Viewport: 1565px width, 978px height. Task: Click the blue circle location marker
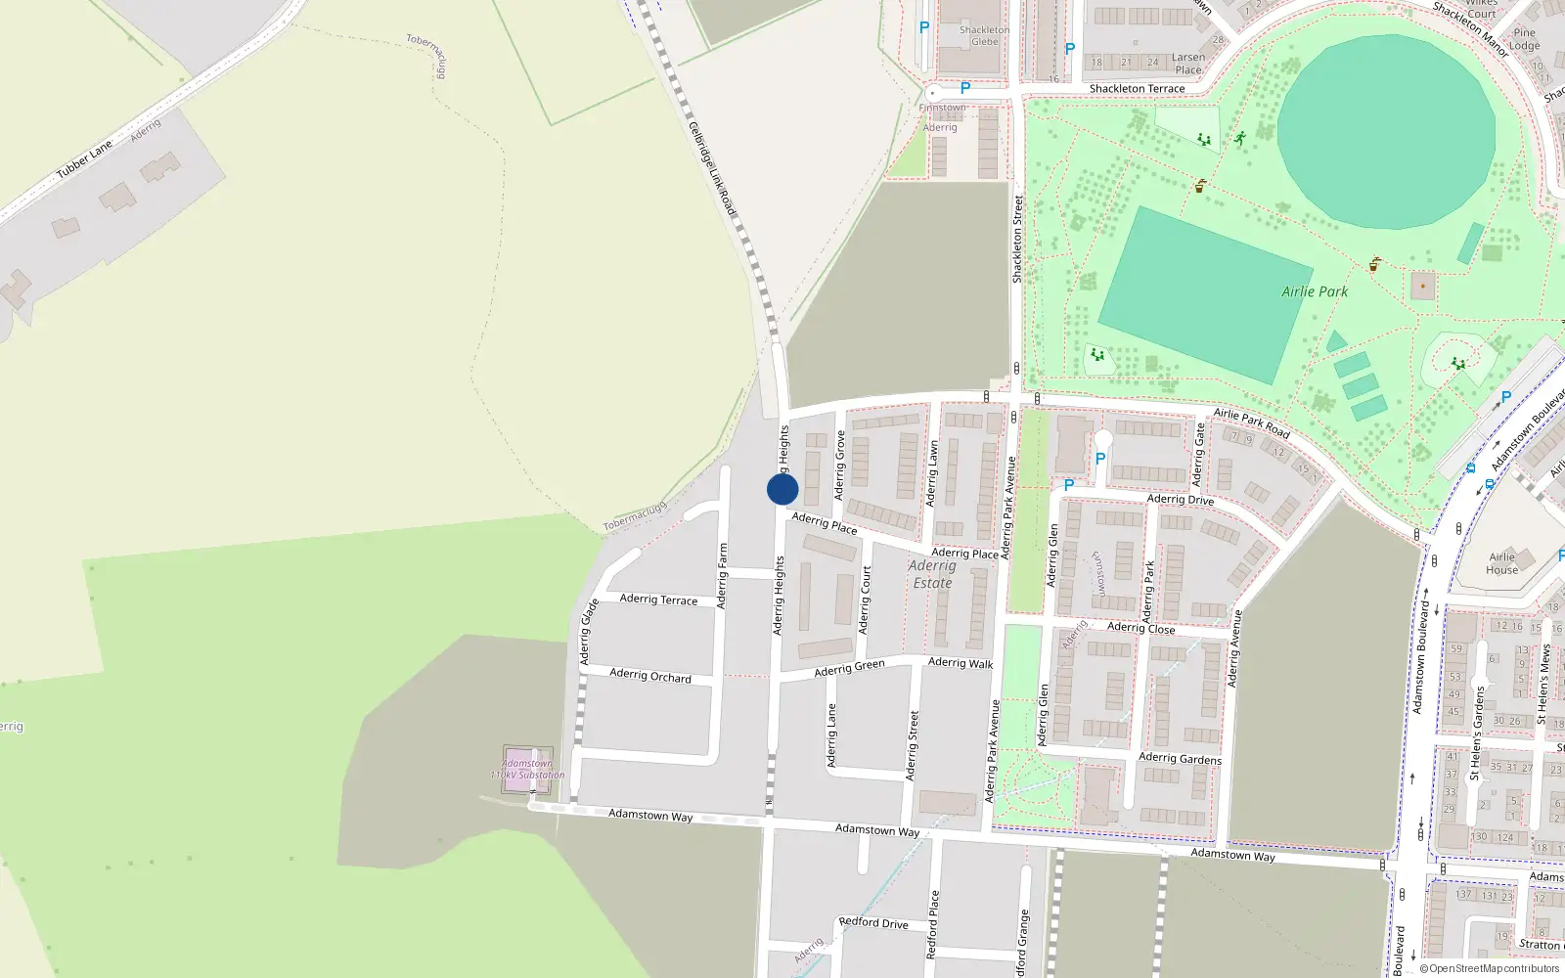tap(782, 489)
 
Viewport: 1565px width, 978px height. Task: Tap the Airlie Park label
tap(1315, 291)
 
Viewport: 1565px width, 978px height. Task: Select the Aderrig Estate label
tap(932, 574)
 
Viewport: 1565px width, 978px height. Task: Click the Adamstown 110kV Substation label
tap(528, 770)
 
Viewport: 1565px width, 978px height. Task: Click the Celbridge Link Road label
tap(711, 168)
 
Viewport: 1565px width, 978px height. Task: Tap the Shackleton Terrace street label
tap(1137, 89)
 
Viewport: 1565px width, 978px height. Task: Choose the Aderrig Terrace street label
tap(658, 600)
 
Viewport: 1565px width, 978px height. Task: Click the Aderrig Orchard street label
tap(649, 675)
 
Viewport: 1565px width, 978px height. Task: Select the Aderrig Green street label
tap(849, 668)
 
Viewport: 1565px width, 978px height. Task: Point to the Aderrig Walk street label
tap(960, 663)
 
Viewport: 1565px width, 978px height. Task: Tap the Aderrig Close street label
tap(1140, 628)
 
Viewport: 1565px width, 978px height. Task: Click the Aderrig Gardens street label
tap(1180, 758)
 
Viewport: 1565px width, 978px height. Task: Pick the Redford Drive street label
tap(873, 923)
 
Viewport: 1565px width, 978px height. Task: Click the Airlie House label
tap(1501, 563)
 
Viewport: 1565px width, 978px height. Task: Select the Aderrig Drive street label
tap(1180, 500)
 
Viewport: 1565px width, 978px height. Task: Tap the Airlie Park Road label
tap(1251, 422)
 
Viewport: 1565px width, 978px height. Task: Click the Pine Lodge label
tap(1524, 39)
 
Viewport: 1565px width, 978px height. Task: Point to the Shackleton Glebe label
tap(984, 36)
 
